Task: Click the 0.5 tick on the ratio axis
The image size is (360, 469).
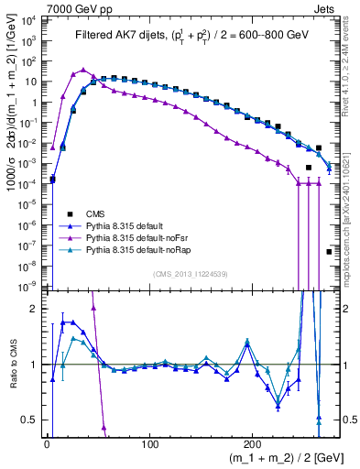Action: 29,420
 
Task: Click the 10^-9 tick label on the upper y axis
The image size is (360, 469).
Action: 30,286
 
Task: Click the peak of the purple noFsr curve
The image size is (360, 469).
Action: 83,70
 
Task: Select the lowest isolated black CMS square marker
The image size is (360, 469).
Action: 329,251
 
